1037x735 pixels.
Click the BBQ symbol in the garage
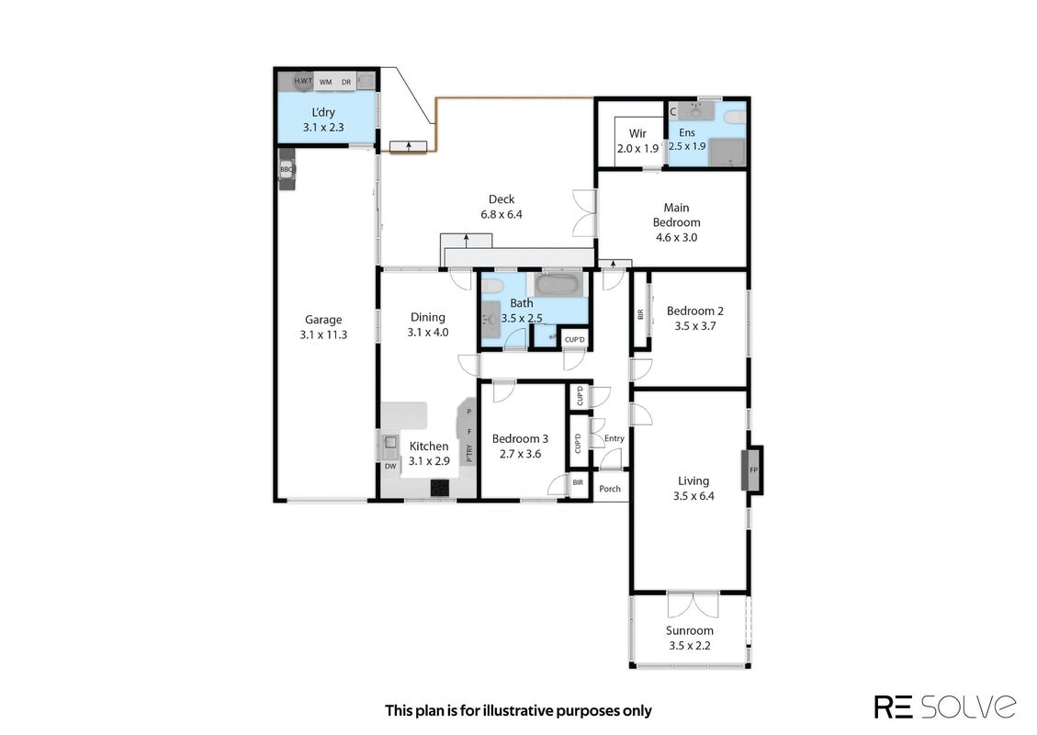click(x=287, y=169)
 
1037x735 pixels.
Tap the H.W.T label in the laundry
click(x=303, y=81)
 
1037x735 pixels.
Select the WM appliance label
click(x=325, y=82)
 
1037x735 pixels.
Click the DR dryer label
click(x=346, y=82)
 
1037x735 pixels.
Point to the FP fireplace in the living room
click(x=752, y=470)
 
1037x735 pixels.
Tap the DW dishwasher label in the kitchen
click(x=391, y=467)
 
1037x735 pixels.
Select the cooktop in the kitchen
click(x=440, y=488)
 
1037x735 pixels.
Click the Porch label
click(x=610, y=489)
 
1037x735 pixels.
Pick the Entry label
click(x=614, y=438)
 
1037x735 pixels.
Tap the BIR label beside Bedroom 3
click(x=578, y=482)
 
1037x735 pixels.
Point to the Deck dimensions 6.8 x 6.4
click(x=502, y=214)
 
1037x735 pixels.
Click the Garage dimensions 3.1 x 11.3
click(x=323, y=334)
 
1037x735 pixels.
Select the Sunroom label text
click(x=690, y=630)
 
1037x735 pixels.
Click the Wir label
click(x=637, y=133)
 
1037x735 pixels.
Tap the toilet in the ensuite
click(x=735, y=118)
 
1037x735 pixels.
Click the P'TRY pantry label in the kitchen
click(x=469, y=453)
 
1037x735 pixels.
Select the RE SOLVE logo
click(x=945, y=707)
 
